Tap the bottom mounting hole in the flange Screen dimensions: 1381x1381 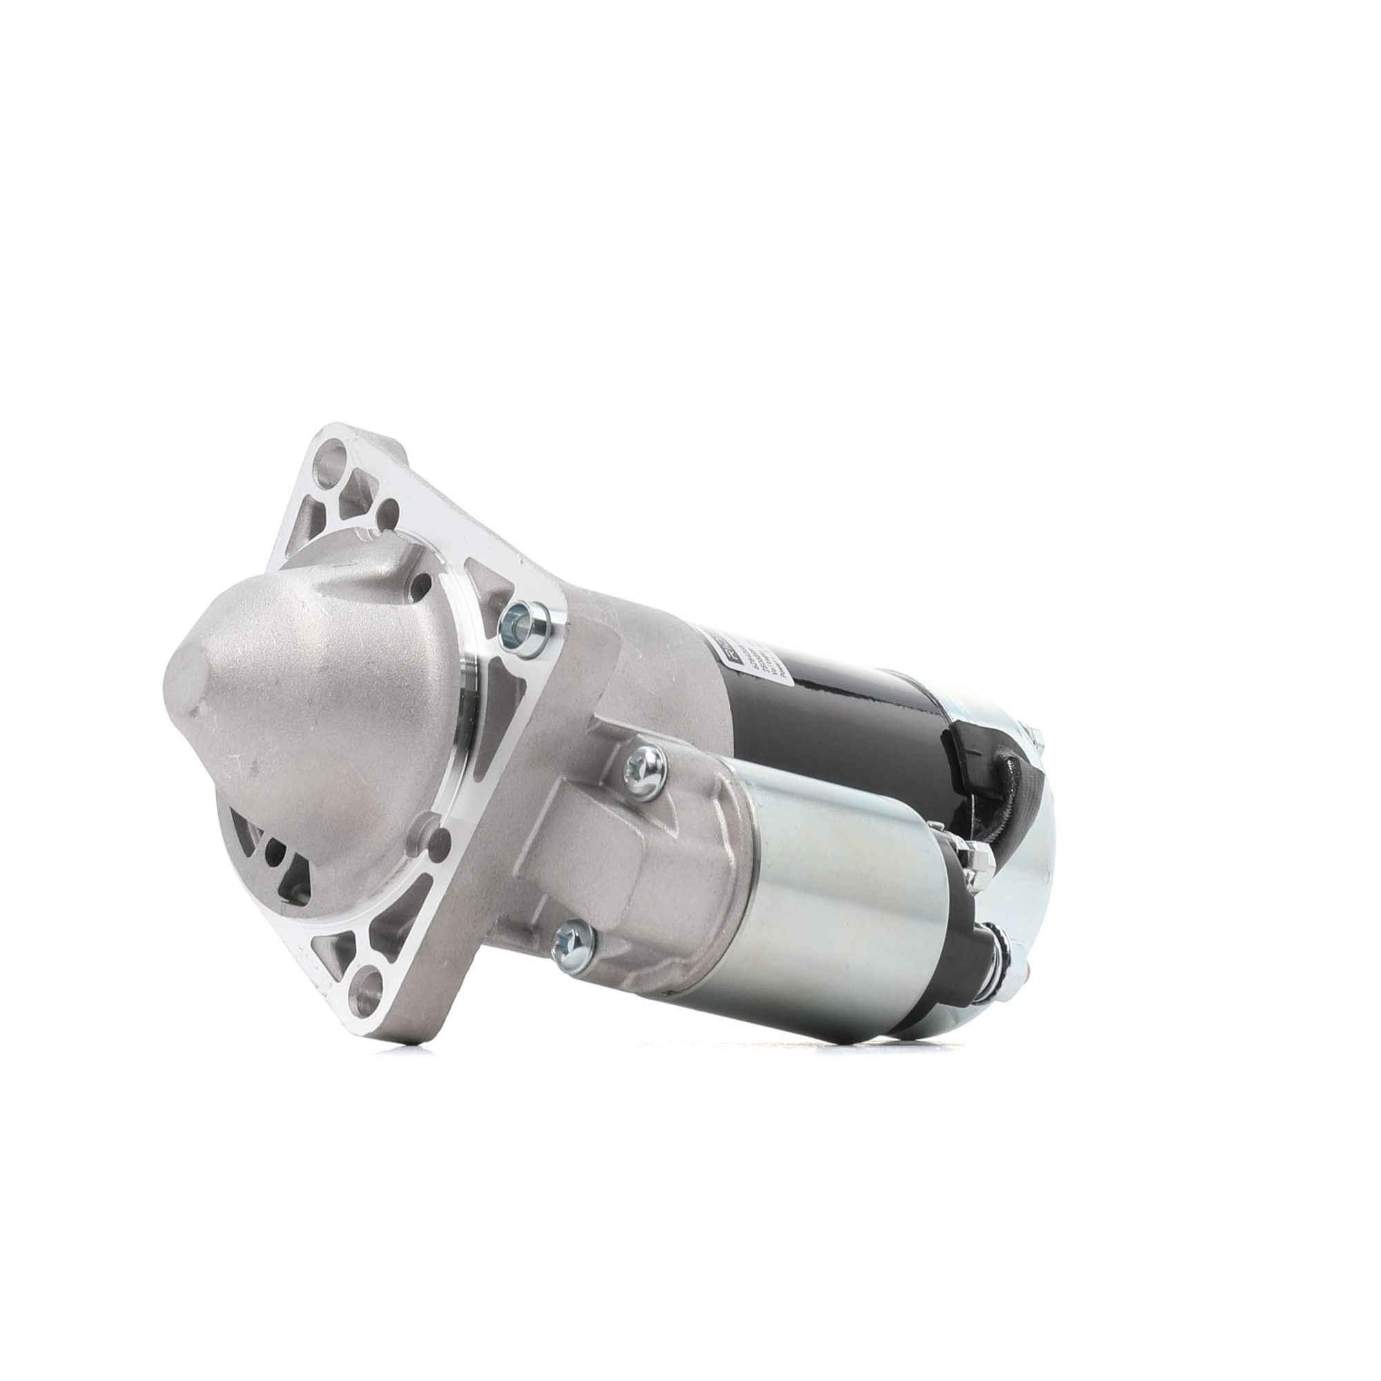[369, 991]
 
